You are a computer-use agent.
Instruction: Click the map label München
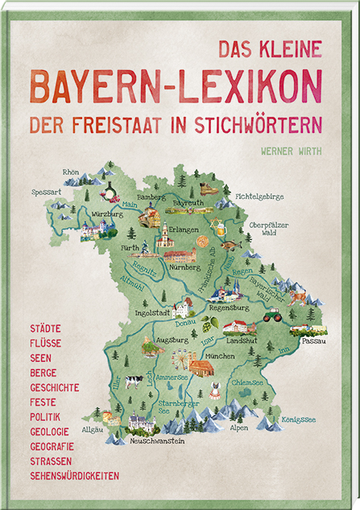pos(219,355)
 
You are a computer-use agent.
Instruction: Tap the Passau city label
pos(314,342)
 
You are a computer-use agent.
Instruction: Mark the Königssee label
pos(299,419)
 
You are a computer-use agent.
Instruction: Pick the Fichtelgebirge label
pos(259,196)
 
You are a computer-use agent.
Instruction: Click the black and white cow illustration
pos(132,381)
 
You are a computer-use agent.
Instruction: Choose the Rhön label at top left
pos(72,172)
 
